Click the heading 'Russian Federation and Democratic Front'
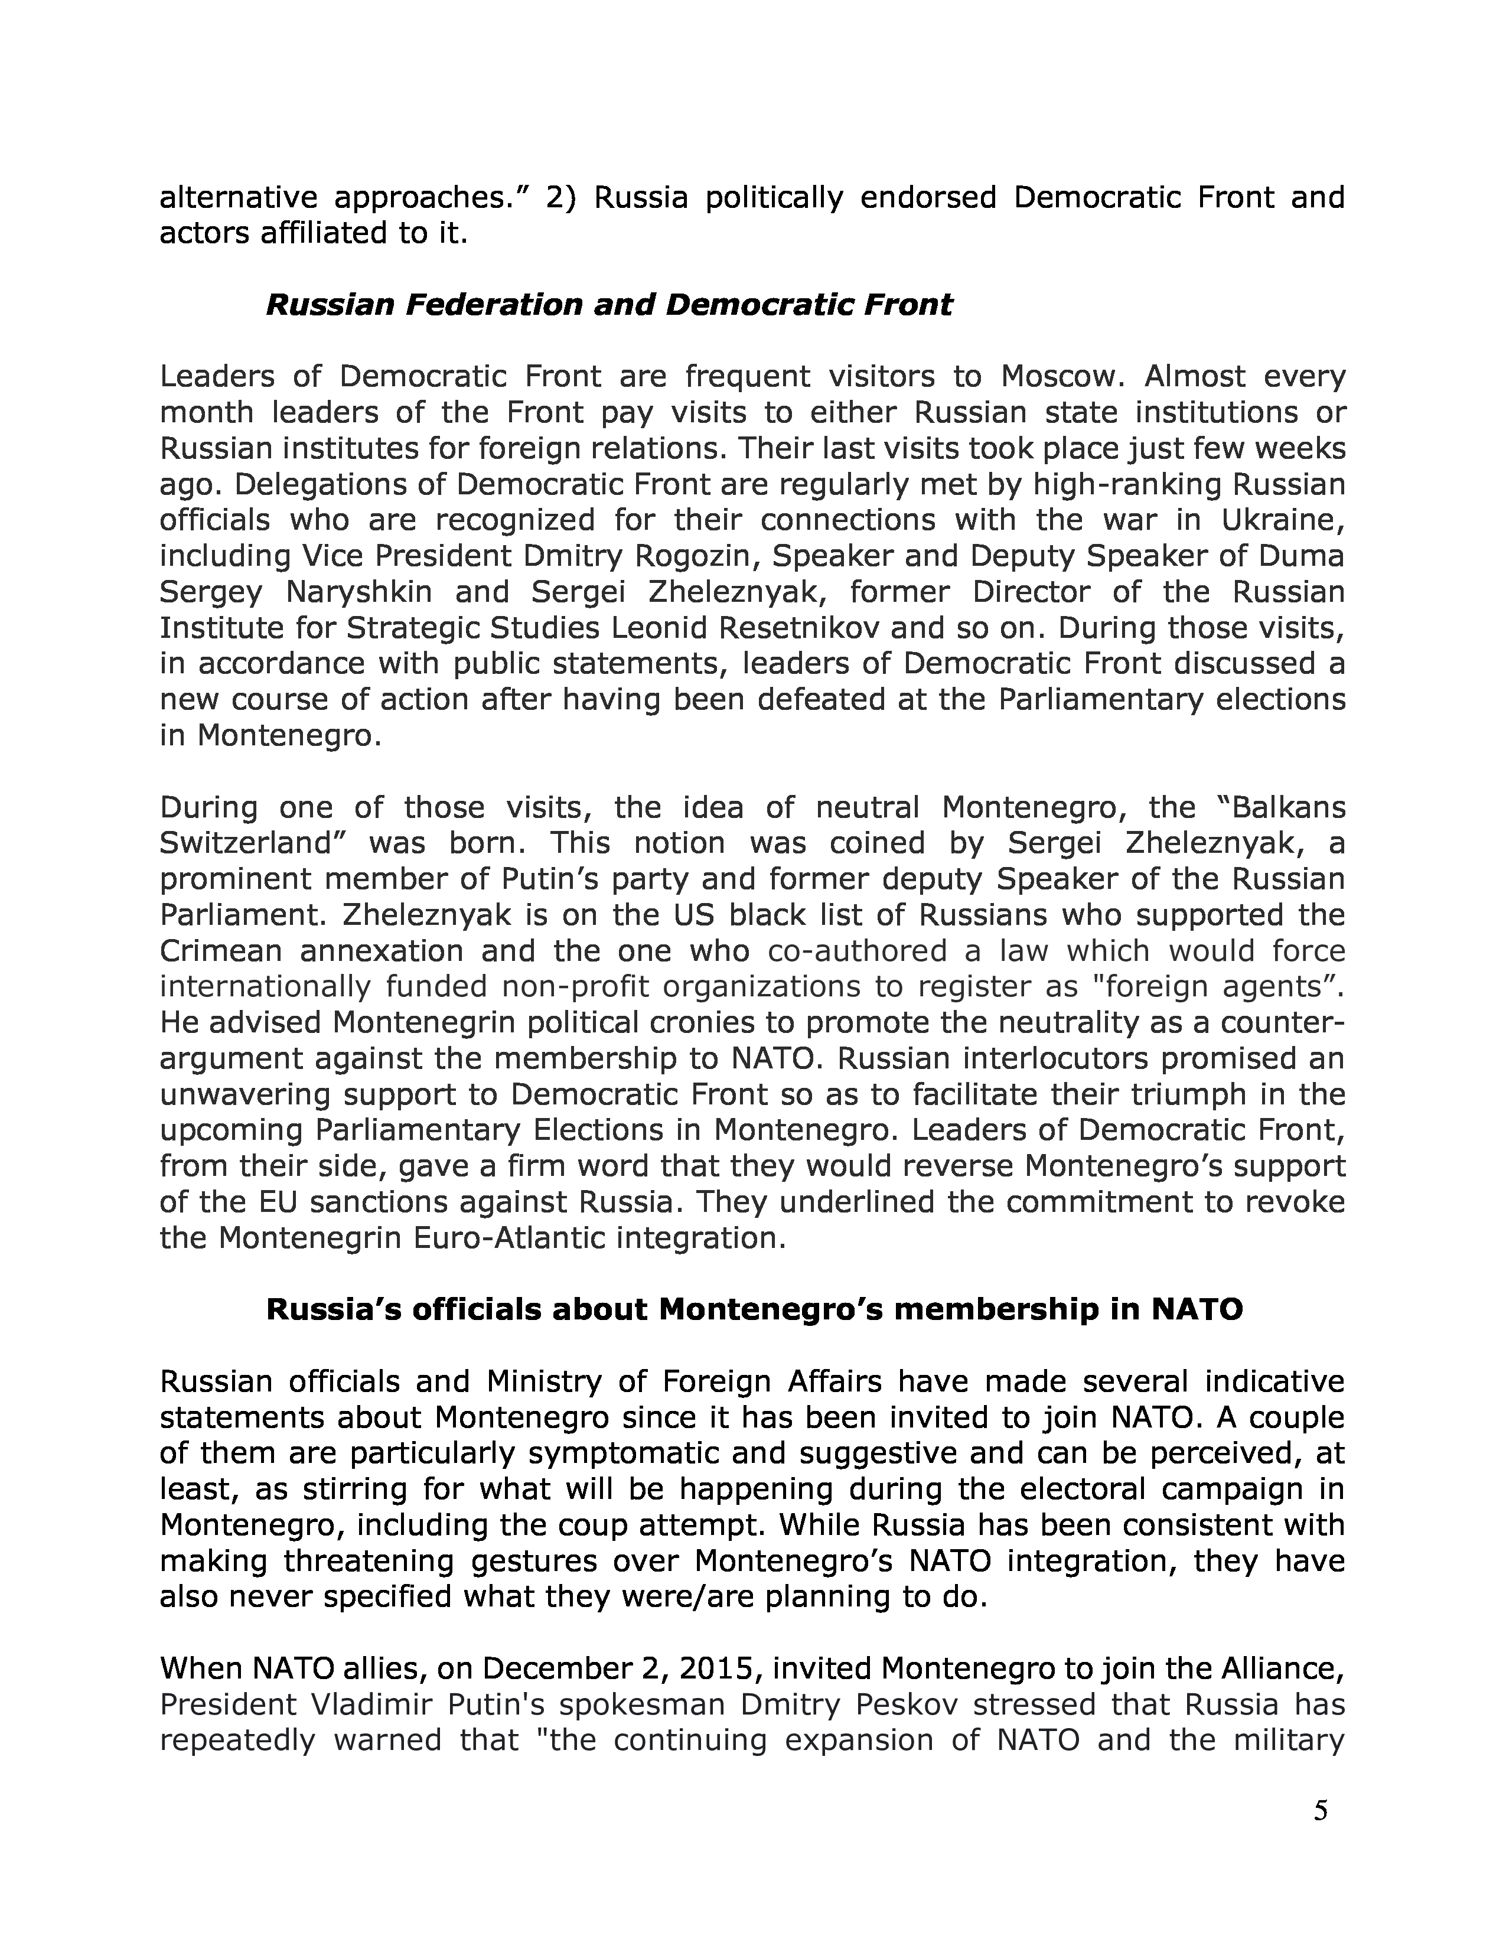[x=609, y=305]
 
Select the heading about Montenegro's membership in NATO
[x=754, y=1309]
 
